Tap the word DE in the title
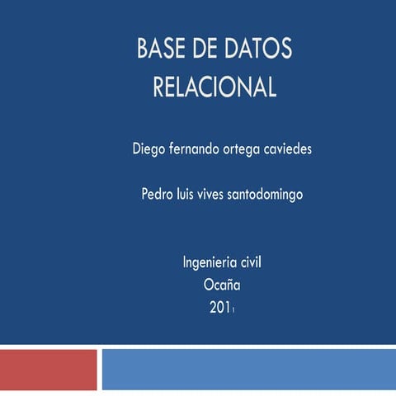(205, 49)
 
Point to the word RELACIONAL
(214, 87)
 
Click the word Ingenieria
(210, 263)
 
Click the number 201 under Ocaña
(219, 309)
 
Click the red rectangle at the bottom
(48, 369)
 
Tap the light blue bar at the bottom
(248, 369)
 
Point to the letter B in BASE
(144, 49)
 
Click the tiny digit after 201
(234, 312)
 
